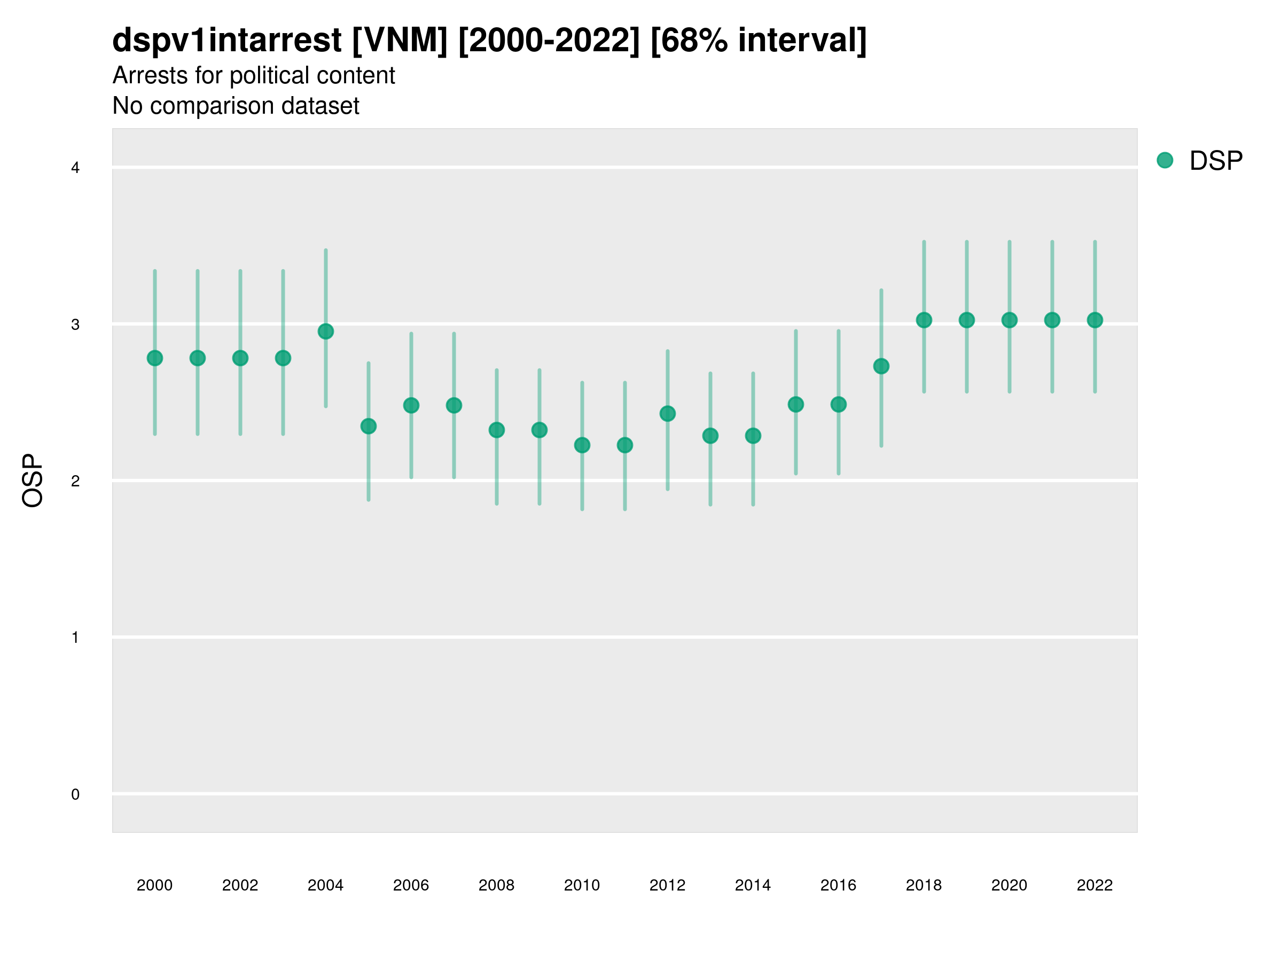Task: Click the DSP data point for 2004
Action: tap(326, 332)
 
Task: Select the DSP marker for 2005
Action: tap(369, 427)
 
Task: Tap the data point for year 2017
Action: tap(881, 366)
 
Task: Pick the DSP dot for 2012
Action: tap(668, 414)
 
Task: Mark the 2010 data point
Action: tap(582, 445)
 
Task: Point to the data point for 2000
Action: tap(155, 358)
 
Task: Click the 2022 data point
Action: tap(1095, 320)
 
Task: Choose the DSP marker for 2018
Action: tap(924, 320)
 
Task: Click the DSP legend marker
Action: tap(1165, 161)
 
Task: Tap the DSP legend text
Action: tap(1216, 161)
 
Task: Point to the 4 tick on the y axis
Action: tap(75, 168)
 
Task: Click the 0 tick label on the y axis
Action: tap(75, 794)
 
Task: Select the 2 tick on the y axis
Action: tap(75, 481)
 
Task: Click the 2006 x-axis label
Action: tap(411, 885)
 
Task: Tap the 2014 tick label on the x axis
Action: tap(753, 885)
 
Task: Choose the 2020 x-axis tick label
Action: tap(1009, 885)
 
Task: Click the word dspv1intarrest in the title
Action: tap(226, 41)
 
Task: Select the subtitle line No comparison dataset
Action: tap(236, 106)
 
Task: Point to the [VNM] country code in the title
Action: tap(400, 41)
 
